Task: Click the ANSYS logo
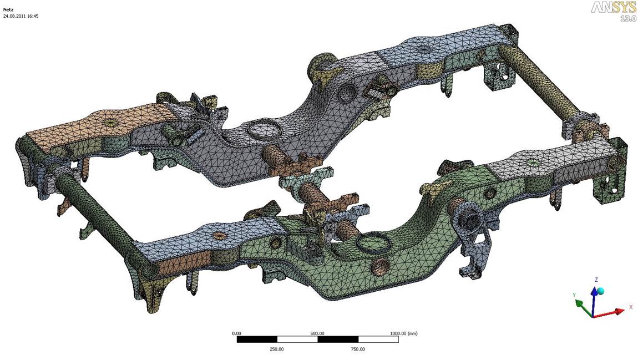point(613,8)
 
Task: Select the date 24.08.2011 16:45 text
point(21,16)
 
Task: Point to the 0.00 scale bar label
point(236,333)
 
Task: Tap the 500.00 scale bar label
point(317,333)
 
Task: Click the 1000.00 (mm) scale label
point(404,333)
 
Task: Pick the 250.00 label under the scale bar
point(277,349)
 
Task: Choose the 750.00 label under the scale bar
point(358,349)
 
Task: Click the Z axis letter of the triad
point(596,280)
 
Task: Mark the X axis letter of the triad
point(631,307)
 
